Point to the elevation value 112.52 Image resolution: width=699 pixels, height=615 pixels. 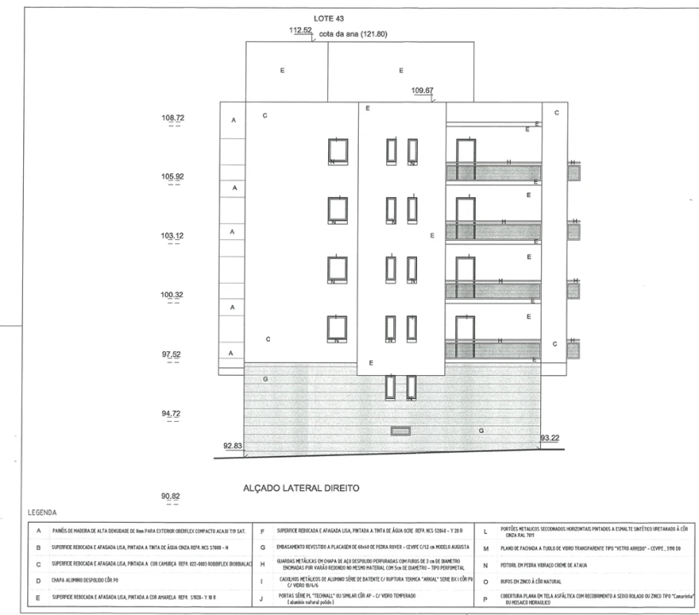click(x=302, y=31)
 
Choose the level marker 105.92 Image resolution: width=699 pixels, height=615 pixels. click(x=173, y=177)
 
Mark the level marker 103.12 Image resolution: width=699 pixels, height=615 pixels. click(x=173, y=236)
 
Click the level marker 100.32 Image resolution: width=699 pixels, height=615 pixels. click(x=173, y=295)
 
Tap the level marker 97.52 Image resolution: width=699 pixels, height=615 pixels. click(x=173, y=354)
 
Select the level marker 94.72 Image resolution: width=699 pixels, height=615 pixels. click(x=173, y=413)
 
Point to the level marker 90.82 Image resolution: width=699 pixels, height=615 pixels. click(x=173, y=495)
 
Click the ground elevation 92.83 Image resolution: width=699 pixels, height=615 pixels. click(x=233, y=445)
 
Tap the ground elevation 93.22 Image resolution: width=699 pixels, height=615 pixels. click(x=551, y=437)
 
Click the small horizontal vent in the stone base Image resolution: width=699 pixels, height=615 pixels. click(x=400, y=430)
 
